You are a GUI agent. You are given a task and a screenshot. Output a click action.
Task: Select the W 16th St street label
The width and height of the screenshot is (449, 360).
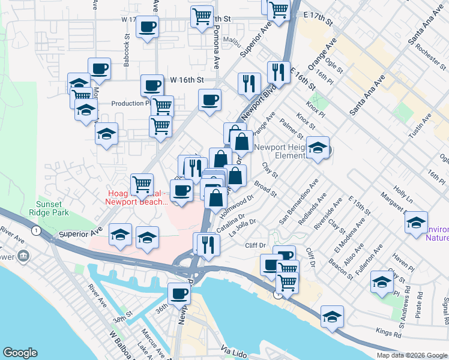click(x=187, y=79)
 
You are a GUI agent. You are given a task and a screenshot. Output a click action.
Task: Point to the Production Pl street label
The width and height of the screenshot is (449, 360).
click(x=130, y=103)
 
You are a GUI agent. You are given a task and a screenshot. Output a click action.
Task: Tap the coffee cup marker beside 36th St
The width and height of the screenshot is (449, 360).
click(x=179, y=294)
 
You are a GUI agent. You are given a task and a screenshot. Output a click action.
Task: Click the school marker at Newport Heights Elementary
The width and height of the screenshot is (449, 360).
click(x=318, y=148)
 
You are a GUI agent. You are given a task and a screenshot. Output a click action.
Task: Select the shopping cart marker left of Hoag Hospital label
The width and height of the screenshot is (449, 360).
click(x=142, y=184)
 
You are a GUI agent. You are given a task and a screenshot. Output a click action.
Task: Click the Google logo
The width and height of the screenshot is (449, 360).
click(x=20, y=353)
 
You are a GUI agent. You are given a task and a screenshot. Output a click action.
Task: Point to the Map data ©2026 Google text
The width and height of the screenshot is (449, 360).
click(x=411, y=355)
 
